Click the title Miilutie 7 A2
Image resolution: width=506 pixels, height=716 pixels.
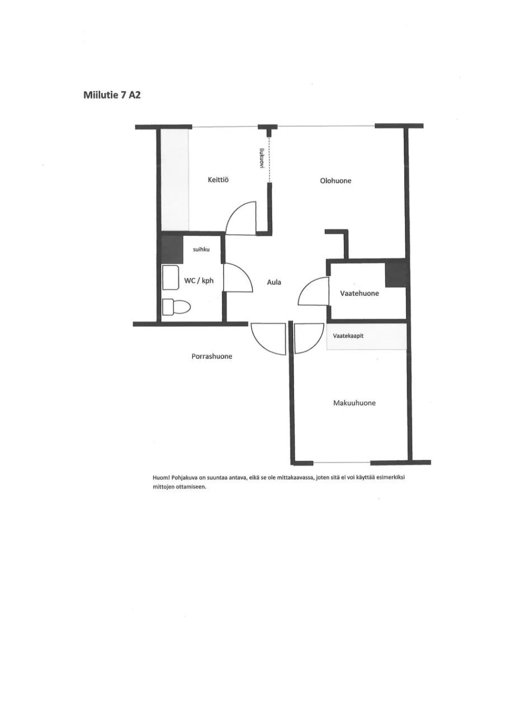[112, 95]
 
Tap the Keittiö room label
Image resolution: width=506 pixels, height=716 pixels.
[218, 180]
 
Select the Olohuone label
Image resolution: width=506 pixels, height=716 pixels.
[335, 181]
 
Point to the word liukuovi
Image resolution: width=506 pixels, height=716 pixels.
[261, 158]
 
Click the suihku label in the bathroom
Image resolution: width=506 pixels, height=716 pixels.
[201, 249]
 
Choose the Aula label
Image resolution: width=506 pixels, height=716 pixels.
[274, 282]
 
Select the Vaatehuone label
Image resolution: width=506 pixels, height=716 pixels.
[360, 293]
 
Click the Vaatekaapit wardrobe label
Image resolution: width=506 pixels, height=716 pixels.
[348, 336]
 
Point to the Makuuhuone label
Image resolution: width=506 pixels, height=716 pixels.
[354, 403]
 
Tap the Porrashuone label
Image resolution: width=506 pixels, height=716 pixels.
[212, 356]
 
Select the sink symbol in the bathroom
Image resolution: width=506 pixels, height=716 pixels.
[170, 277]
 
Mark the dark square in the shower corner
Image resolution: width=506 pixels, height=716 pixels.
[172, 250]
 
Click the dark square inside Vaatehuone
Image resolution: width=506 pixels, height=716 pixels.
[396, 274]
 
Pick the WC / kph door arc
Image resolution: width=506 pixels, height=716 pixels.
[235, 277]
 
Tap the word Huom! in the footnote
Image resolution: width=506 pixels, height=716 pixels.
[160, 478]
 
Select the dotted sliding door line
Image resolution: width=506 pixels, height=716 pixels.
[269, 159]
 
